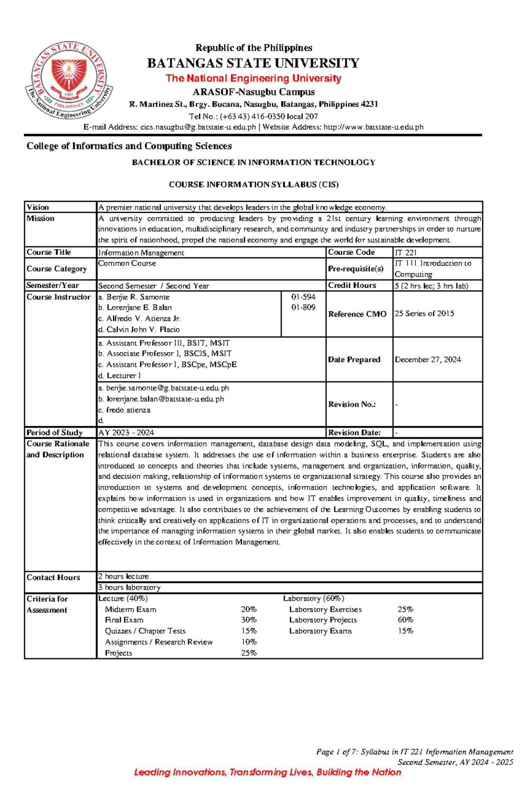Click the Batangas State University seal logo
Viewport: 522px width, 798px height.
pyautogui.click(x=69, y=80)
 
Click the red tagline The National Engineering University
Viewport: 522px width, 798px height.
pyautogui.click(x=253, y=78)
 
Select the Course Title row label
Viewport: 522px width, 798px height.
pyautogui.click(x=49, y=252)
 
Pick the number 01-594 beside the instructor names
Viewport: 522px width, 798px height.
pyautogui.click(x=303, y=297)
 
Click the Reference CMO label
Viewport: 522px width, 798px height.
pyautogui.click(x=357, y=314)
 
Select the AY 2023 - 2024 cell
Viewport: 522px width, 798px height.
pyautogui.click(x=126, y=433)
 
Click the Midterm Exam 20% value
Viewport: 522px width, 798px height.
pyautogui.click(x=249, y=610)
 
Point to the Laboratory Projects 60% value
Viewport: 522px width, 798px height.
pyautogui.click(x=405, y=620)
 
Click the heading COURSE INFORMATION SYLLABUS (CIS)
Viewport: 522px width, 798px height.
pyautogui.click(x=254, y=184)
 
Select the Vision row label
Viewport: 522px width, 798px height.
pyautogui.click(x=38, y=207)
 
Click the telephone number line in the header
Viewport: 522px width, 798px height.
pyautogui.click(x=253, y=116)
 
